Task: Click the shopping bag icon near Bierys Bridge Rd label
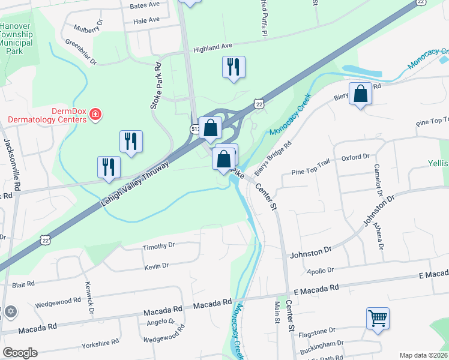click(360, 94)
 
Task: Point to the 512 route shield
click(195, 128)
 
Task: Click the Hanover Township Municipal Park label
click(20, 39)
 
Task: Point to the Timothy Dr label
click(158, 245)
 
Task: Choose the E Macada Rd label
click(433, 275)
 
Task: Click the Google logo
click(20, 353)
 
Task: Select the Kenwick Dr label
click(89, 298)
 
